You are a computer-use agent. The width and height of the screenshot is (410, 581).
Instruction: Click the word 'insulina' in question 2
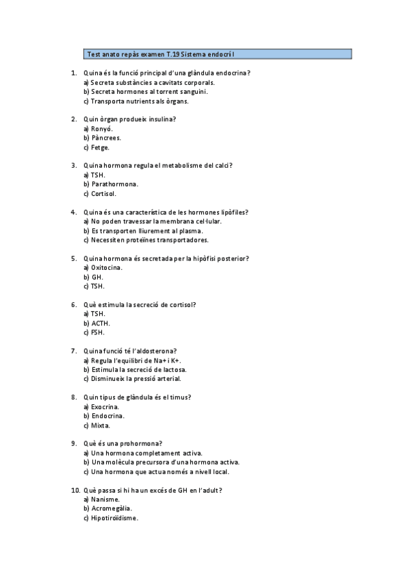pyautogui.click(x=162, y=119)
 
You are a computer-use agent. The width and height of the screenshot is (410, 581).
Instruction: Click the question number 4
pyautogui.click(x=74, y=212)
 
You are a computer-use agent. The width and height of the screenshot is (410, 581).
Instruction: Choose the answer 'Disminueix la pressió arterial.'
pyautogui.click(x=136, y=379)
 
